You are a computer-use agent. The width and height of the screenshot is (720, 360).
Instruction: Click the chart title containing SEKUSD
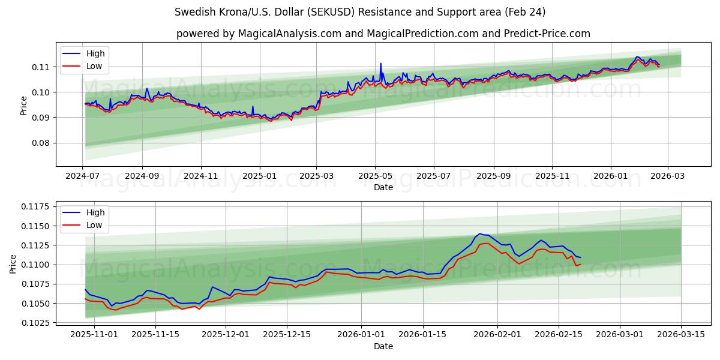(360, 12)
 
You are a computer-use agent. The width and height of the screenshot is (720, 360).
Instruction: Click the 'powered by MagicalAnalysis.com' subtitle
(383, 34)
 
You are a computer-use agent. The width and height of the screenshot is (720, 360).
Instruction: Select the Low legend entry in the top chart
(94, 66)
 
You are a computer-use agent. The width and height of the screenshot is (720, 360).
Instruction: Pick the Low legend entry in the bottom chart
(94, 225)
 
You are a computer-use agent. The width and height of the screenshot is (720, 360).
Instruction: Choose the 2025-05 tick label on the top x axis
(375, 176)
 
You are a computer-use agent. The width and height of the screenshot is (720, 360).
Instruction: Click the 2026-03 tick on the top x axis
(668, 176)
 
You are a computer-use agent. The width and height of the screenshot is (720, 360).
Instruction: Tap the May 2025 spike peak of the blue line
(380, 63)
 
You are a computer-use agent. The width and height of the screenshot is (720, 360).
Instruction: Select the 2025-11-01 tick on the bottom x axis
(85, 335)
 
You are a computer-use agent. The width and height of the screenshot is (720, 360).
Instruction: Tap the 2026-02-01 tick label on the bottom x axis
(497, 335)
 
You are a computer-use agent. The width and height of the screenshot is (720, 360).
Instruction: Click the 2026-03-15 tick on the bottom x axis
(681, 335)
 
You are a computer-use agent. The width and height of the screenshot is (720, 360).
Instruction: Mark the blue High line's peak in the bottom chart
(479, 233)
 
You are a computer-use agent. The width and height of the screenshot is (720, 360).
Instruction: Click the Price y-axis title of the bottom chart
(13, 263)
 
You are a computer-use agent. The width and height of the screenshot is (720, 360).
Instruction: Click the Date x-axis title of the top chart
(383, 187)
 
